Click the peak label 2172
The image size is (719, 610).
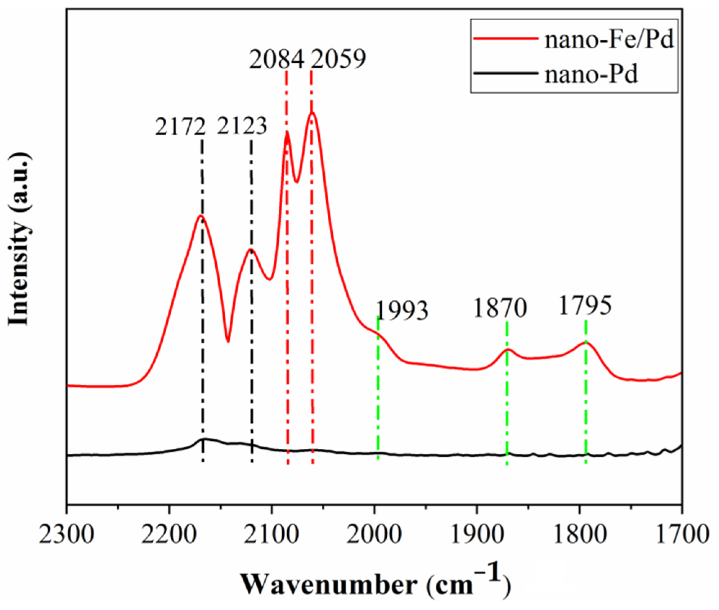tap(180, 127)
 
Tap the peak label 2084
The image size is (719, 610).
tap(277, 59)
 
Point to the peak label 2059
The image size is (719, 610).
tap(338, 59)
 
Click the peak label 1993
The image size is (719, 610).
tap(402, 310)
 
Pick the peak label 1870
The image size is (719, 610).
tap(500, 309)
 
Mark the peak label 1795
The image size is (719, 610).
tap(585, 306)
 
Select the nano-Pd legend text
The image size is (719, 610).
tap(591, 76)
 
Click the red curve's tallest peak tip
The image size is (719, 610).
tap(312, 113)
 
